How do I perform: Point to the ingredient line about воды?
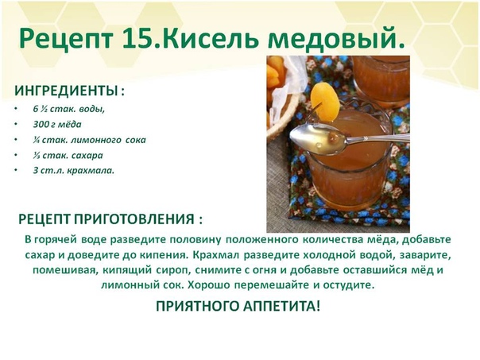pyautogui.click(x=69, y=109)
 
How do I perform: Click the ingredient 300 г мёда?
pyautogui.click(x=57, y=124)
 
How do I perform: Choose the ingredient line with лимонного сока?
pyautogui.click(x=89, y=140)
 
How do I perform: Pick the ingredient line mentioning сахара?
pyautogui.click(x=68, y=155)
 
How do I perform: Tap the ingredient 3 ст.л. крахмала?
pyautogui.click(x=73, y=171)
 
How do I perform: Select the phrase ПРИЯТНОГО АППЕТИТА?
pyautogui.click(x=238, y=306)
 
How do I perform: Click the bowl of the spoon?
pyautogui.click(x=319, y=138)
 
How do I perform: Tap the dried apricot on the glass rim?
pyautogui.click(x=325, y=100)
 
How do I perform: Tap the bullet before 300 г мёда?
pyautogui.click(x=16, y=124)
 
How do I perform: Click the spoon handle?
pyautogui.click(x=377, y=139)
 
